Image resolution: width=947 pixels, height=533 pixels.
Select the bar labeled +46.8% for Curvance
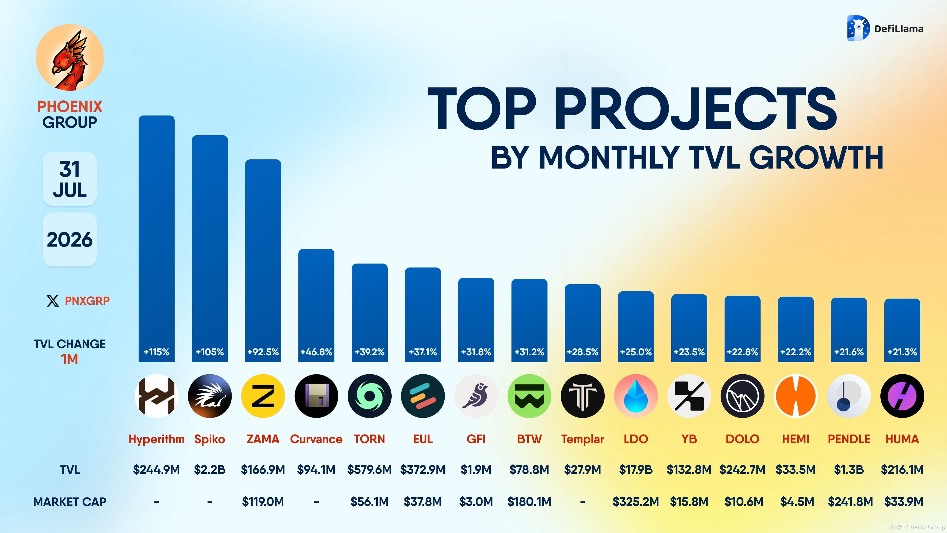[316, 305]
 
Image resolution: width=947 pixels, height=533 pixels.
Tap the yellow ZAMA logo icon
[263, 396]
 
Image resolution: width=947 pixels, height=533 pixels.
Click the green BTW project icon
[529, 396]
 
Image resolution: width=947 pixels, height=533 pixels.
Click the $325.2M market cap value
[636, 501]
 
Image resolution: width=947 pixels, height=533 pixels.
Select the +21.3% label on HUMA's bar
[902, 352]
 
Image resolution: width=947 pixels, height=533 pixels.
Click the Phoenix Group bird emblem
[70, 57]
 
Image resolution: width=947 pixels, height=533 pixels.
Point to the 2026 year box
[70, 239]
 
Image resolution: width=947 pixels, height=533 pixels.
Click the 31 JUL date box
[70, 179]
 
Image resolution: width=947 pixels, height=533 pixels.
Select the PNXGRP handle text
[87, 301]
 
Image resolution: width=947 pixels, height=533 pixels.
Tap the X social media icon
[53, 301]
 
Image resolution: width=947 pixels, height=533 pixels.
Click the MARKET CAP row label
[70, 502]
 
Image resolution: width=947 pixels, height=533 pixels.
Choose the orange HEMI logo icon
[796, 396]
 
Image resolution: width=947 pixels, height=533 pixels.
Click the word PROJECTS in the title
[695, 109]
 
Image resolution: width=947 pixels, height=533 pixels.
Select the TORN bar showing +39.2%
[369, 313]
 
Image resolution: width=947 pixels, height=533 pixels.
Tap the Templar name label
[582, 439]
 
